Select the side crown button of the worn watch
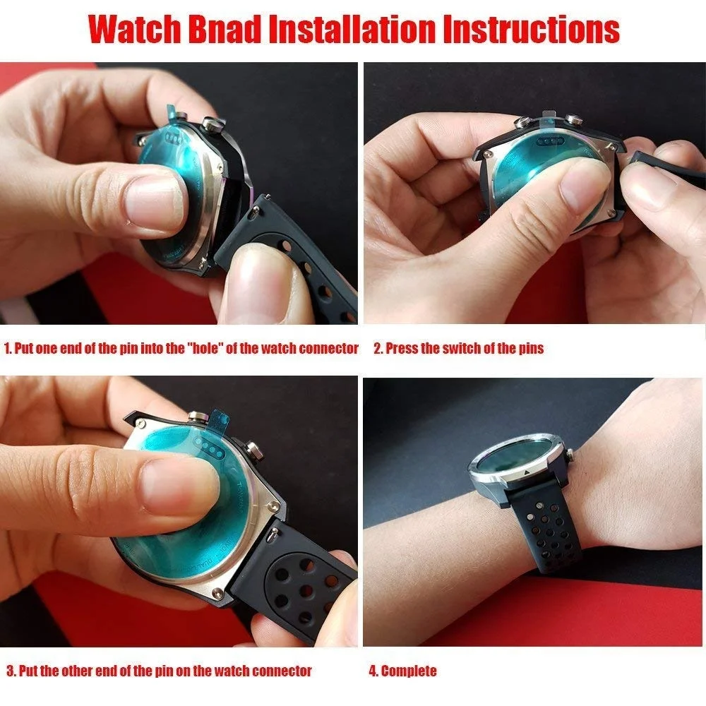pos(569,456)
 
